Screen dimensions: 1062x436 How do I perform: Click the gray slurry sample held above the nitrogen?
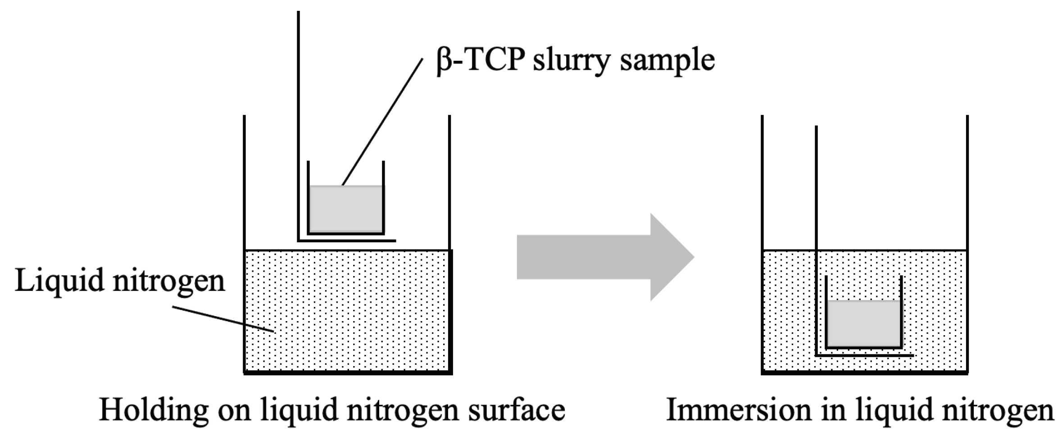[x=346, y=209]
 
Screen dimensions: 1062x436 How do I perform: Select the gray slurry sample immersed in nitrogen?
[x=864, y=324]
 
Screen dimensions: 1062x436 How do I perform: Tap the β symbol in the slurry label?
[x=445, y=62]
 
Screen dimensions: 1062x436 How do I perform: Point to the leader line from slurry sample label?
[x=383, y=122]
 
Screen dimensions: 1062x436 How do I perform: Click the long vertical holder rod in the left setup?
[x=298, y=113]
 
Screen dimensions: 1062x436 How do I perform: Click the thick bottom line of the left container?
[x=348, y=373]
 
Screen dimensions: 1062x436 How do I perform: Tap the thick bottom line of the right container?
[x=865, y=373]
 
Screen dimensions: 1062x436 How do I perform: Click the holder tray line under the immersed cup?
[x=865, y=355]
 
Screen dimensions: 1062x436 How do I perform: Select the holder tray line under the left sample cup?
[x=347, y=241]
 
